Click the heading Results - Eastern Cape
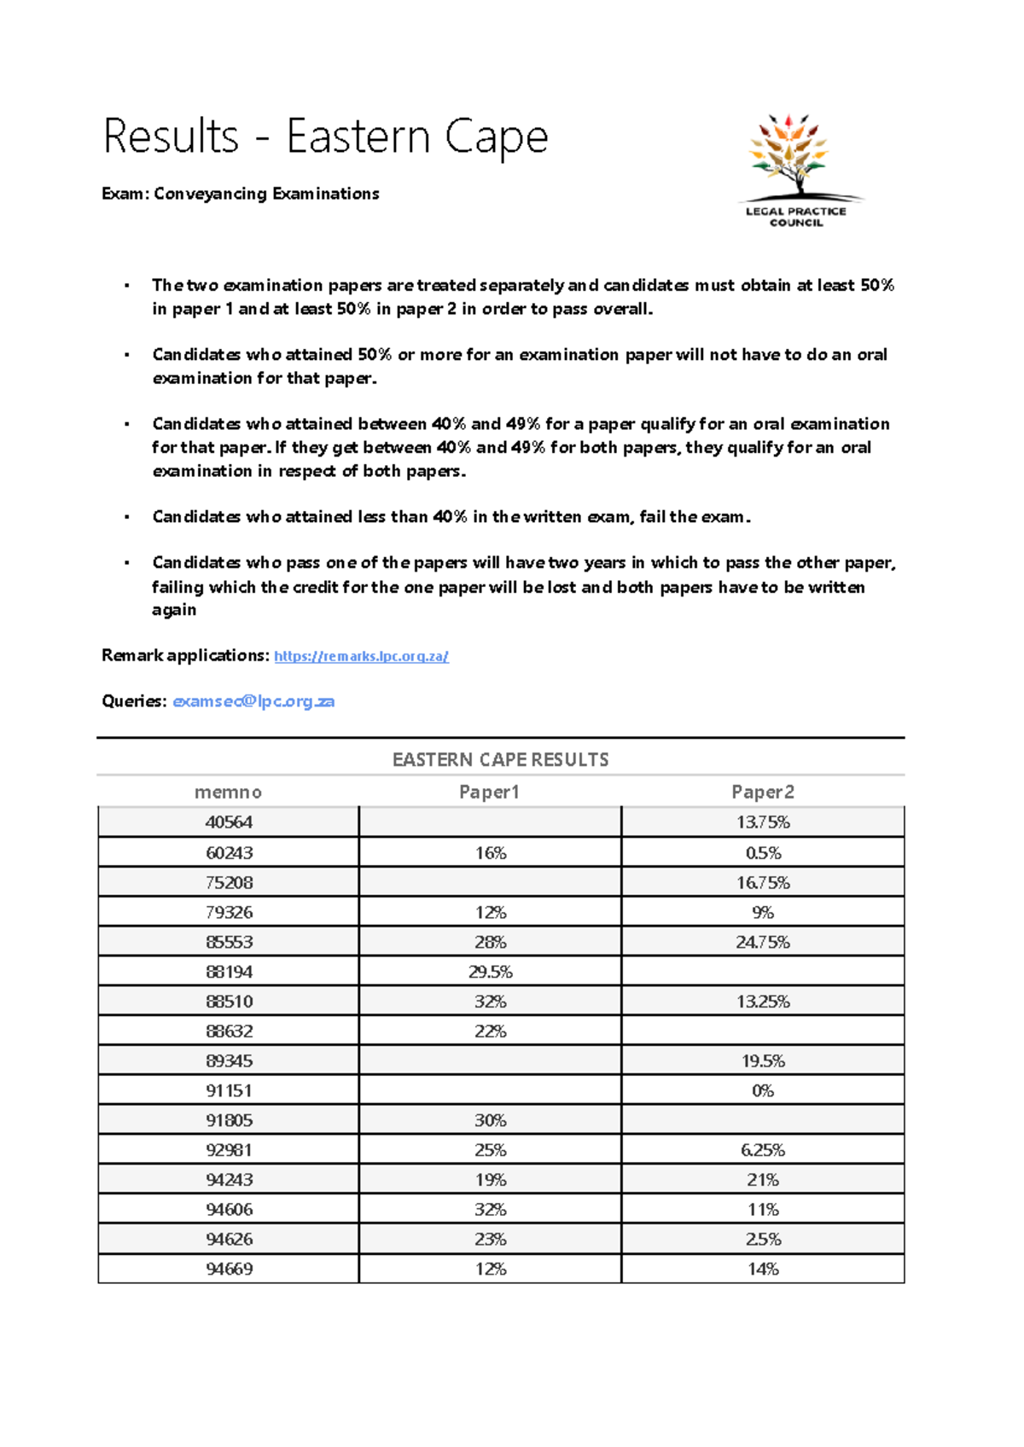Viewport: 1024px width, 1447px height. point(325,137)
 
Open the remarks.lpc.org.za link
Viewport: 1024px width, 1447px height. point(361,656)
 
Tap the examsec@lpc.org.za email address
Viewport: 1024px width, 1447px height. point(253,701)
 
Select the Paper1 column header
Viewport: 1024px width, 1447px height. point(489,792)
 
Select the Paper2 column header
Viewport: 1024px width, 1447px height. point(762,792)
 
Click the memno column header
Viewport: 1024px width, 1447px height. point(228,792)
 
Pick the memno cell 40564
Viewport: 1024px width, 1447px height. point(229,822)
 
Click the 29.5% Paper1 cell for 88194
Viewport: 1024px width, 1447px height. point(490,972)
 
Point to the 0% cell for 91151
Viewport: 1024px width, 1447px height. point(762,1090)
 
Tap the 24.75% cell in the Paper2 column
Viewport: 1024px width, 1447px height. point(762,942)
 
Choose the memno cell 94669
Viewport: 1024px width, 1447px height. point(229,1269)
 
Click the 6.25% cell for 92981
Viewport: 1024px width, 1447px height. point(762,1150)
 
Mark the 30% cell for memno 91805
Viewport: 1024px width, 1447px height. point(490,1120)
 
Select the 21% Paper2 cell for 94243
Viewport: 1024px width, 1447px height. point(762,1180)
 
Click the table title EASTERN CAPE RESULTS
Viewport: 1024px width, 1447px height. point(500,759)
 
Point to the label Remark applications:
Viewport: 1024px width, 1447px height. point(185,655)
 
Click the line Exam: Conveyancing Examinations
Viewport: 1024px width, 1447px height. point(240,194)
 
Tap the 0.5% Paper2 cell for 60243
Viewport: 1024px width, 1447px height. point(762,853)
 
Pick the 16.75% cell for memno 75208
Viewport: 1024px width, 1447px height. point(762,883)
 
